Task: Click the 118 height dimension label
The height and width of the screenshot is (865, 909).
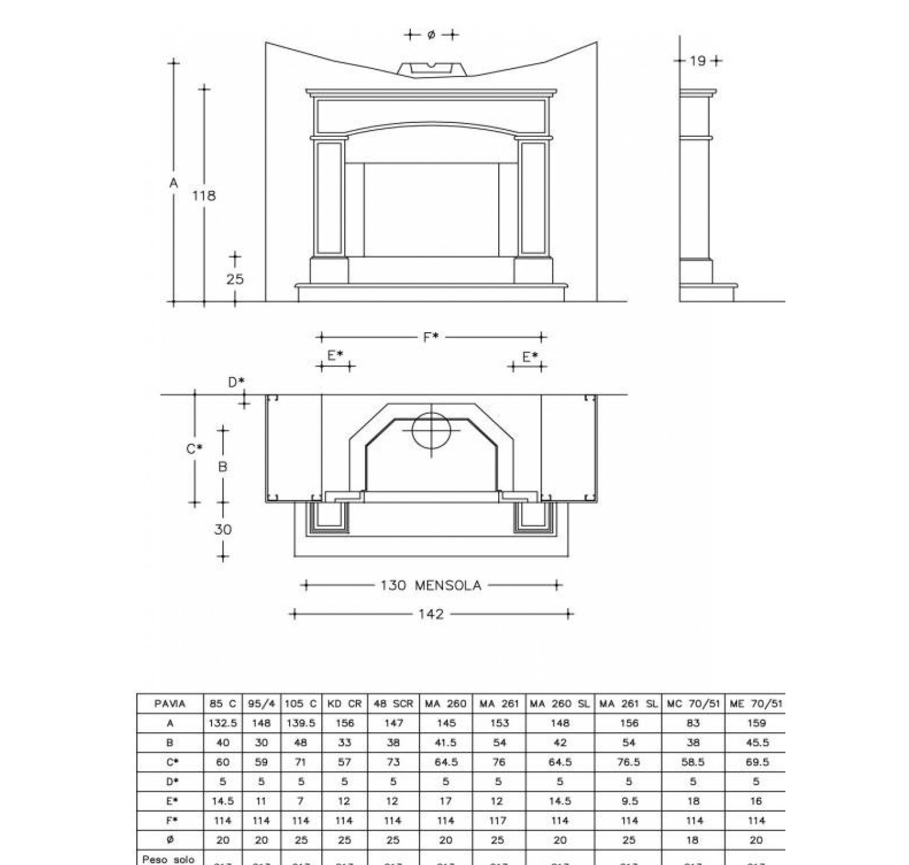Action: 204,196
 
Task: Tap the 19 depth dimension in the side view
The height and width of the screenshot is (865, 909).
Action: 698,61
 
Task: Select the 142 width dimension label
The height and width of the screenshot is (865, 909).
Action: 431,615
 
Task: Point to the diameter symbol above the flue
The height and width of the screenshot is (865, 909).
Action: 431,35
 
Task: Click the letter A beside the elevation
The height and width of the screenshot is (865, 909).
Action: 174,182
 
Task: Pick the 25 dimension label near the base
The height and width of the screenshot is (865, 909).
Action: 235,279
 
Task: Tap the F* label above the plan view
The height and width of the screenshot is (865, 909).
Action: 431,337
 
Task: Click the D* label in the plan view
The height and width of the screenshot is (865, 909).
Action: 236,382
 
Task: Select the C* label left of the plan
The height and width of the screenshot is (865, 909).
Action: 194,449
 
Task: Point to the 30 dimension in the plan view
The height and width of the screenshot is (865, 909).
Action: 222,530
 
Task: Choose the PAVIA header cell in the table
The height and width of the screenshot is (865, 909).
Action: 170,704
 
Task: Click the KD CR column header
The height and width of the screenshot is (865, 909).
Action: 344,704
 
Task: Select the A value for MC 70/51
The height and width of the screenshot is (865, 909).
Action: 694,723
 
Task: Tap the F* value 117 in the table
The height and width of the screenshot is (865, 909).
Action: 498,821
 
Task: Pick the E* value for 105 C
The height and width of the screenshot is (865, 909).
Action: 301,801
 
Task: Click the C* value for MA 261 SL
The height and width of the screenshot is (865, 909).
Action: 629,762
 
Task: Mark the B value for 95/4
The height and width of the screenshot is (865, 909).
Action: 261,743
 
